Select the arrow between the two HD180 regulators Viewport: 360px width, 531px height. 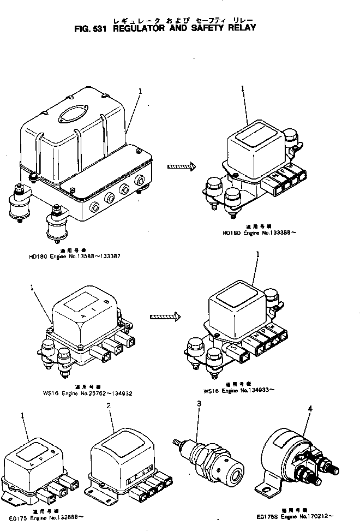[x=181, y=167]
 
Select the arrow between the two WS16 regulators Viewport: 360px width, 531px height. [x=165, y=316]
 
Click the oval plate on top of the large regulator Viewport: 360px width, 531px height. [x=73, y=115]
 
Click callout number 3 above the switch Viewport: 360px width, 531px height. [x=200, y=403]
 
